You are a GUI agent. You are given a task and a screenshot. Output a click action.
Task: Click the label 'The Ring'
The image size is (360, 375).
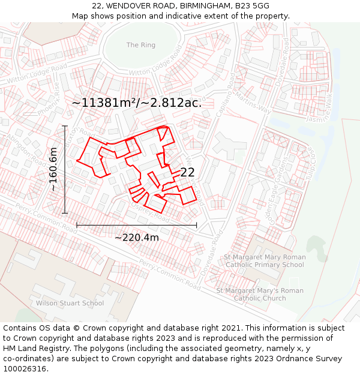(140, 45)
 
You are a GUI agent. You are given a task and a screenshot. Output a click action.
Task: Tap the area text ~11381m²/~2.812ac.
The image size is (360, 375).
(136, 103)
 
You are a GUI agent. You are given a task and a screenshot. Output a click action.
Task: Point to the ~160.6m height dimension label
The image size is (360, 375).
(54, 169)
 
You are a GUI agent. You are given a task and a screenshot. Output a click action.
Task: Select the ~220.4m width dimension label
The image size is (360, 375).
(137, 238)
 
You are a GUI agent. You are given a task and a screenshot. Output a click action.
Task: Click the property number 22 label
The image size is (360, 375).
(187, 172)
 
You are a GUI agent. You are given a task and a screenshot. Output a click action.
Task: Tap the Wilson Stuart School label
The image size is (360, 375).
(70, 303)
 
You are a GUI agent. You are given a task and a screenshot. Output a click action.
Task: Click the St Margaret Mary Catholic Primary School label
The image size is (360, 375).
(265, 261)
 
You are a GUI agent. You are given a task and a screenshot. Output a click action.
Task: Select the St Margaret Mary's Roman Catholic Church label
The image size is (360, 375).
(260, 295)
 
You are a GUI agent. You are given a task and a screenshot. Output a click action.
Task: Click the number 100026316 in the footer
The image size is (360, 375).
(25, 368)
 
